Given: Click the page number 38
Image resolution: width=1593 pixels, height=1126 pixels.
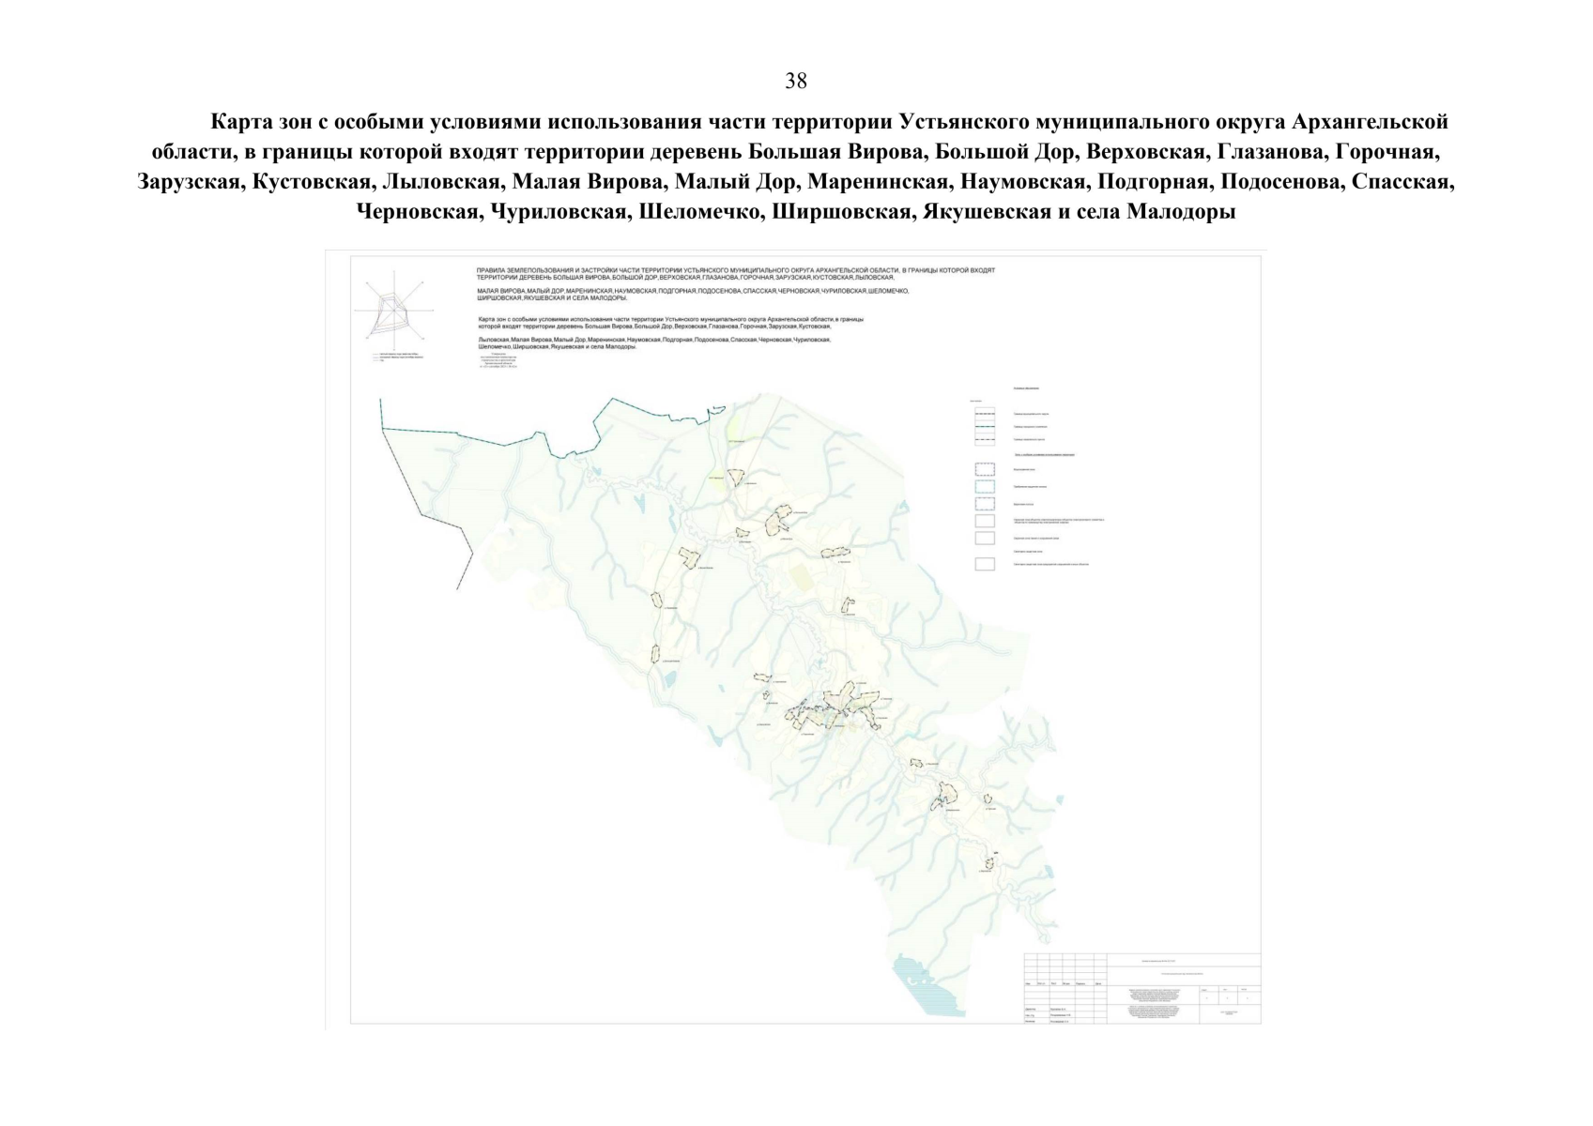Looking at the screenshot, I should tap(795, 82).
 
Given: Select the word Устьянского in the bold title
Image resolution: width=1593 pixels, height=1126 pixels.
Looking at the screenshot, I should tap(962, 123).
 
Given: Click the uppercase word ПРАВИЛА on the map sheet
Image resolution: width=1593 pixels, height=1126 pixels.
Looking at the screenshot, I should tap(492, 270).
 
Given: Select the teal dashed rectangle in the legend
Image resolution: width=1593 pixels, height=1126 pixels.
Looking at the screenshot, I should tap(985, 486).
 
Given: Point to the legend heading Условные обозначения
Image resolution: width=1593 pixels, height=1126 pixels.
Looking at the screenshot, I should tap(1026, 388).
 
